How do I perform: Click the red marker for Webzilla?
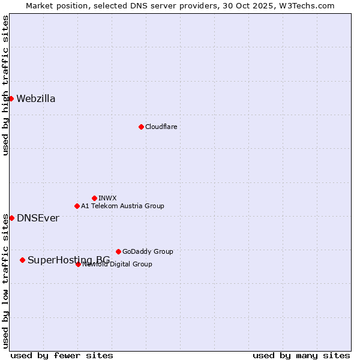[x=11, y=98]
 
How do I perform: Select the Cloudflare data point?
[x=141, y=127]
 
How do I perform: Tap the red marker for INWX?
[x=94, y=198]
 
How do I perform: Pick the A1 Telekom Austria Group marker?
[x=77, y=206]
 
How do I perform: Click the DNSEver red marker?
[x=11, y=218]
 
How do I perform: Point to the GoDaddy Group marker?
[x=118, y=251]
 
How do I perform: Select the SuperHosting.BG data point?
[x=22, y=260]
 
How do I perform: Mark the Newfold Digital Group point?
[x=78, y=264]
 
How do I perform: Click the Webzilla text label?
[x=36, y=99]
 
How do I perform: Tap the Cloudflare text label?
[x=161, y=127]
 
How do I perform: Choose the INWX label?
[x=107, y=198]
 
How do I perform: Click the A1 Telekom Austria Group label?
[x=122, y=206]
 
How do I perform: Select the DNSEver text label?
[x=38, y=218]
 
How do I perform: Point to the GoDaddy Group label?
[x=148, y=251]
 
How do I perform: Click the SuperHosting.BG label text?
[x=68, y=260]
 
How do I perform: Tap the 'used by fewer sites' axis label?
[x=62, y=355]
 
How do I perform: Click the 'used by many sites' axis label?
[x=301, y=355]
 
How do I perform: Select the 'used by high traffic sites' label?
[x=5, y=85]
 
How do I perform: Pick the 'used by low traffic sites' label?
[x=5, y=281]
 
